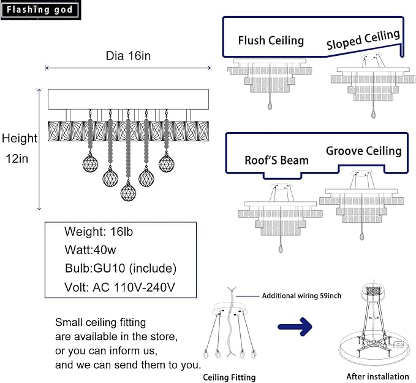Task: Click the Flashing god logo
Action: pyautogui.click(x=40, y=10)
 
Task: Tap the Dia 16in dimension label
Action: pyautogui.click(x=128, y=56)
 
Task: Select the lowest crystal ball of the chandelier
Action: pyautogui.click(x=128, y=192)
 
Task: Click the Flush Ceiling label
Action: pyautogui.click(x=271, y=41)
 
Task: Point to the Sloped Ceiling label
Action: pyautogui.click(x=363, y=40)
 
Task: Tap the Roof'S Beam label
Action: pyautogui.click(x=276, y=160)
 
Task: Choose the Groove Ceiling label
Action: pyautogui.click(x=364, y=151)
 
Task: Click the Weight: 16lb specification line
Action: pyautogui.click(x=99, y=231)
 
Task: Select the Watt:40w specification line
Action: pyautogui.click(x=90, y=250)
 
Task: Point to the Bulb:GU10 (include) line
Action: pyautogui.click(x=121, y=268)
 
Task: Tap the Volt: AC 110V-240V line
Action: pyautogui.click(x=119, y=287)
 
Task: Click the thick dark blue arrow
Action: pyautogui.click(x=295, y=327)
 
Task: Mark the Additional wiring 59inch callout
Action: pyautogui.click(x=301, y=296)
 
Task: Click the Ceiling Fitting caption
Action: pyautogui.click(x=229, y=377)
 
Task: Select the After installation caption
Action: pyautogui.click(x=377, y=376)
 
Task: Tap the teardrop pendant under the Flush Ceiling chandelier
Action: pyautogui.click(x=270, y=106)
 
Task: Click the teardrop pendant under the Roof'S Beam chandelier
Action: pyautogui.click(x=281, y=249)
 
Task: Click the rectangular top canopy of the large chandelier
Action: pyautogui.click(x=128, y=99)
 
